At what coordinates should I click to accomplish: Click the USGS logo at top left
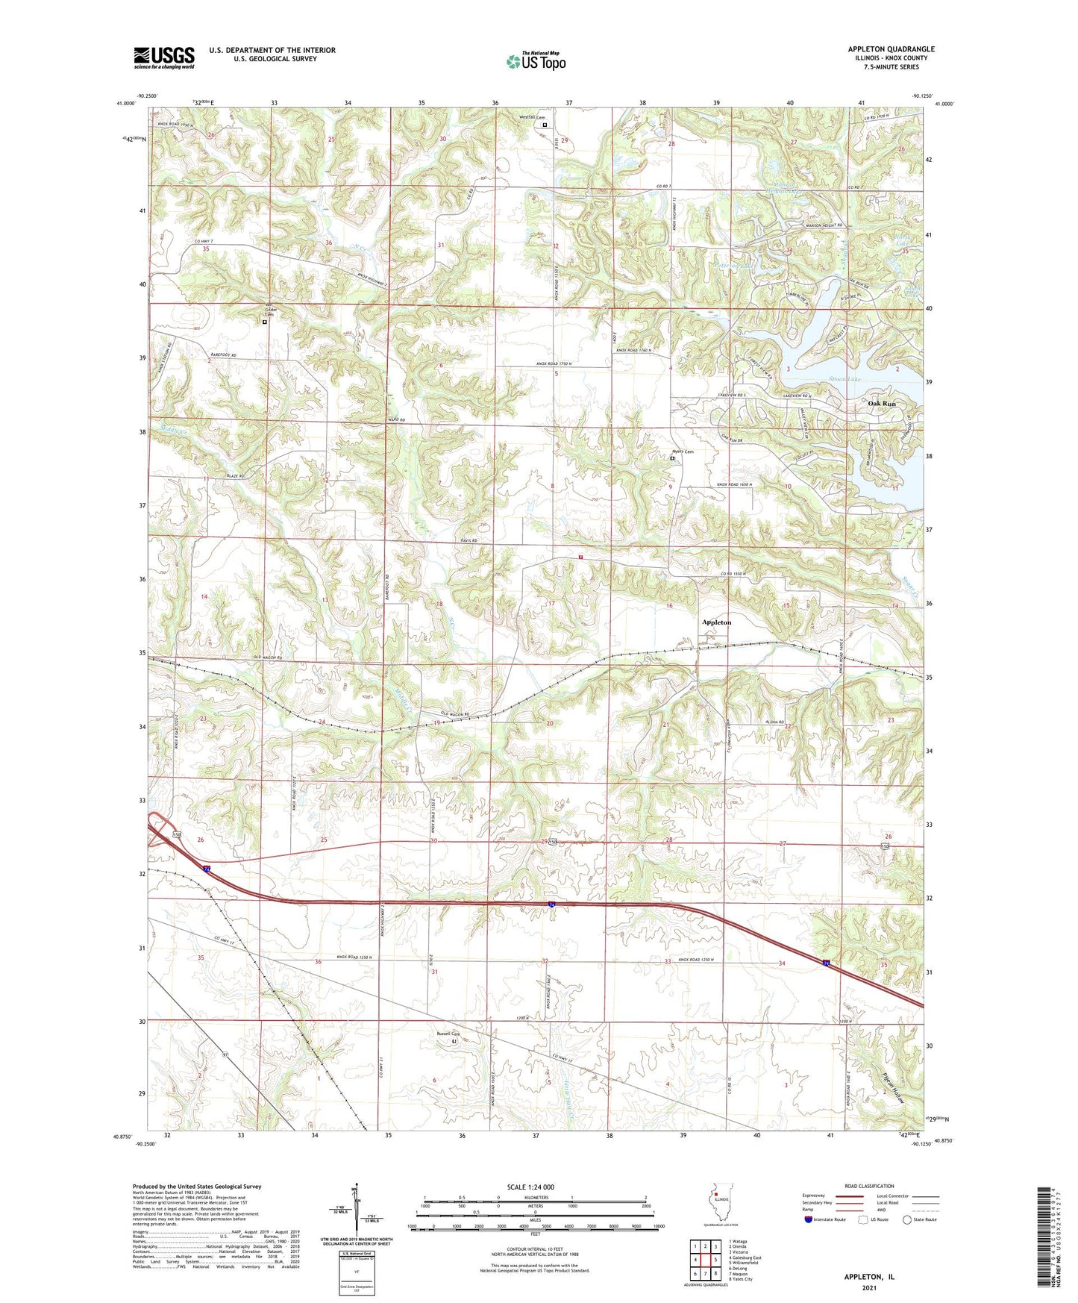[163, 57]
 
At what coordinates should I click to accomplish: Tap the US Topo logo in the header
[535, 61]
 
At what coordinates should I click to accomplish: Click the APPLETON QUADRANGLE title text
[891, 49]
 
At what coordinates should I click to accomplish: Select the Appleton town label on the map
[716, 622]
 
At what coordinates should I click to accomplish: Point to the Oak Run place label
[881, 403]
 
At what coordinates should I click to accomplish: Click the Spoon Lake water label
[844, 380]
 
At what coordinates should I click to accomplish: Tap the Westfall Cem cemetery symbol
[545, 125]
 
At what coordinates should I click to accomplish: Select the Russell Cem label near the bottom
[448, 1034]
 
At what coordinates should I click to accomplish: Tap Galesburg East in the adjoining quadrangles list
[745, 1257]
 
